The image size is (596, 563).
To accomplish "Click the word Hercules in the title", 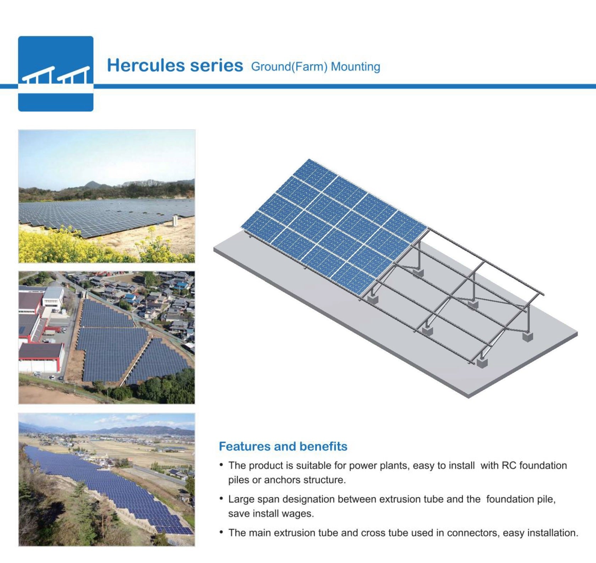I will click(146, 66).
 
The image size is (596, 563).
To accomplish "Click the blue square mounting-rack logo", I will click(56, 73).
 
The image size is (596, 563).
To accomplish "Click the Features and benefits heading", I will click(283, 446).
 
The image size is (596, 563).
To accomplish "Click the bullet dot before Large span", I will click(221, 498).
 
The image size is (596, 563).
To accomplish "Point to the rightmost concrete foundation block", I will click(528, 336).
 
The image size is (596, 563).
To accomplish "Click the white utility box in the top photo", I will click(175, 221).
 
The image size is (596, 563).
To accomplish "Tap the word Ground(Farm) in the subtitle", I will click(289, 67).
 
